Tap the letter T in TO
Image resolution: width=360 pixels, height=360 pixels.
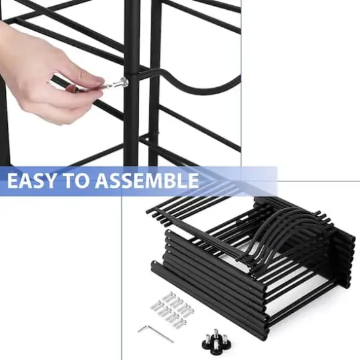(x=75, y=181)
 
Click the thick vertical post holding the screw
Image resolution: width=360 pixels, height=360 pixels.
(x=133, y=118)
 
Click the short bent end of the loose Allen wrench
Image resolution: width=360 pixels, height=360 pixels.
(x=141, y=328)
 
